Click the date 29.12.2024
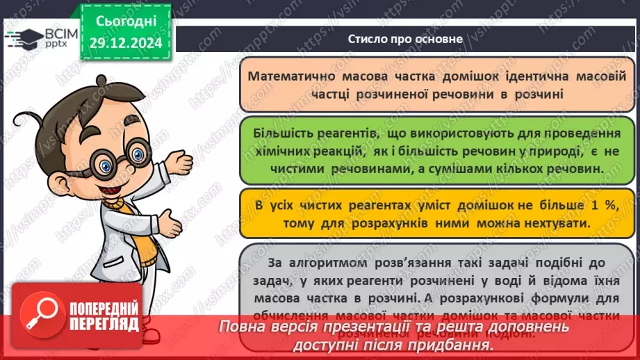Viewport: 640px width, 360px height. click(x=125, y=42)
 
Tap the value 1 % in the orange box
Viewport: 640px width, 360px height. click(x=562, y=206)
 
